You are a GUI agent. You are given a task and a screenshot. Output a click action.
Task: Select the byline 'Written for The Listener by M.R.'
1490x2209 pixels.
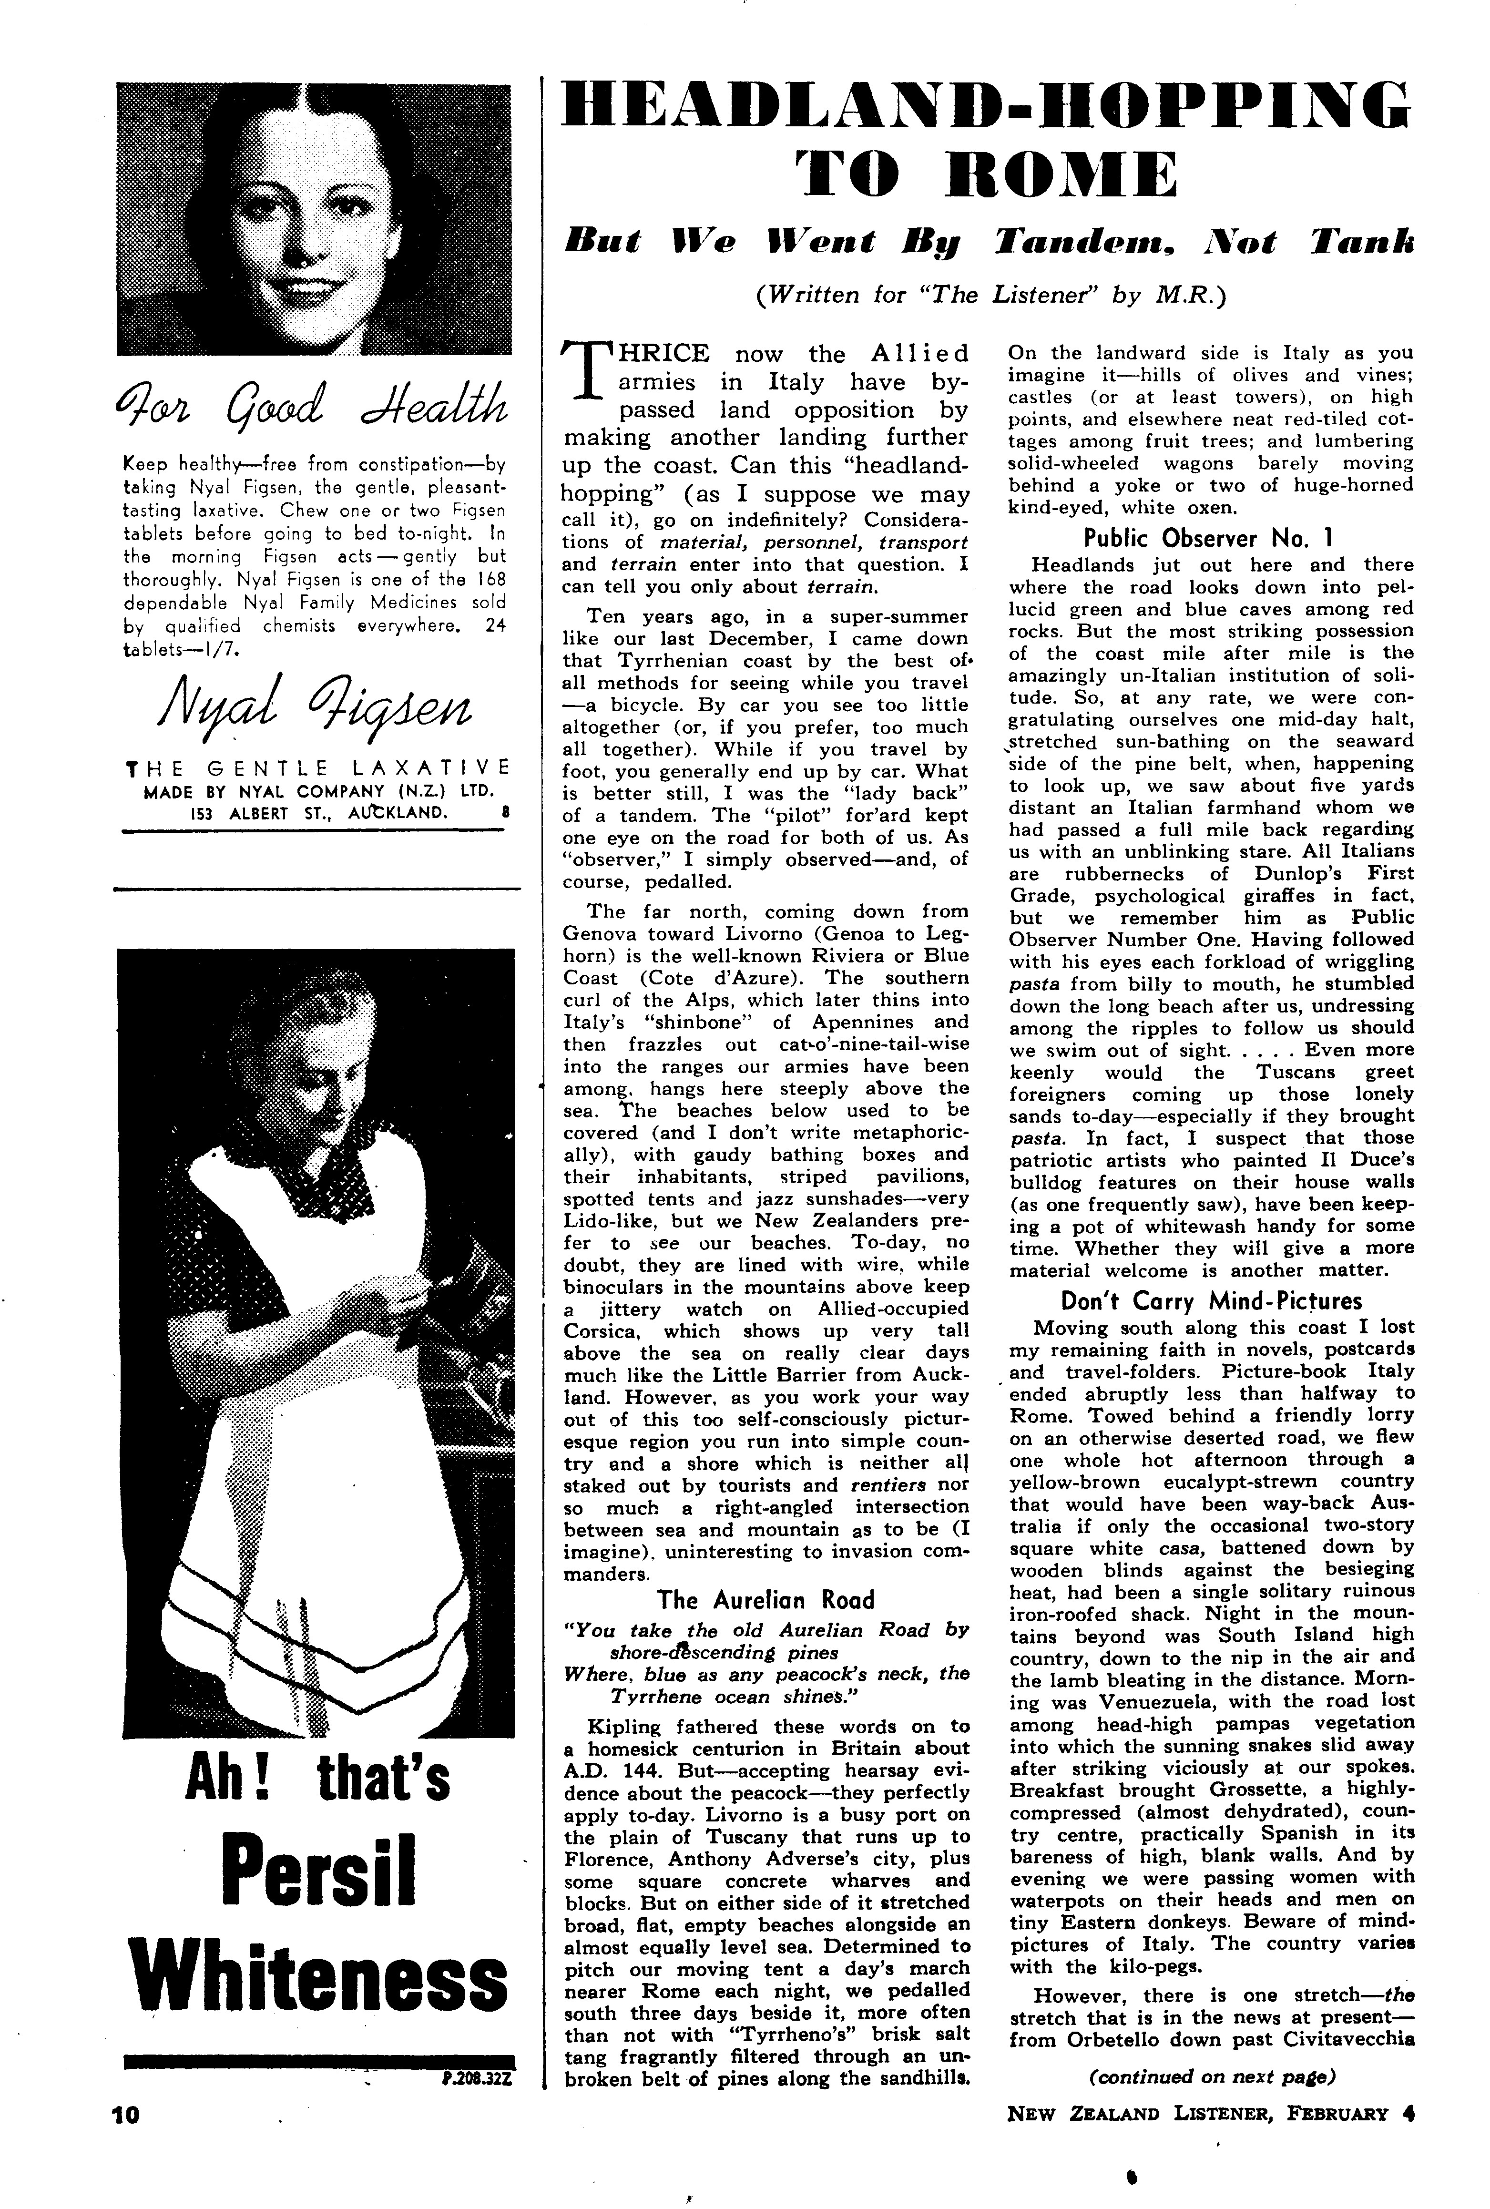pyautogui.click(x=987, y=296)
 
